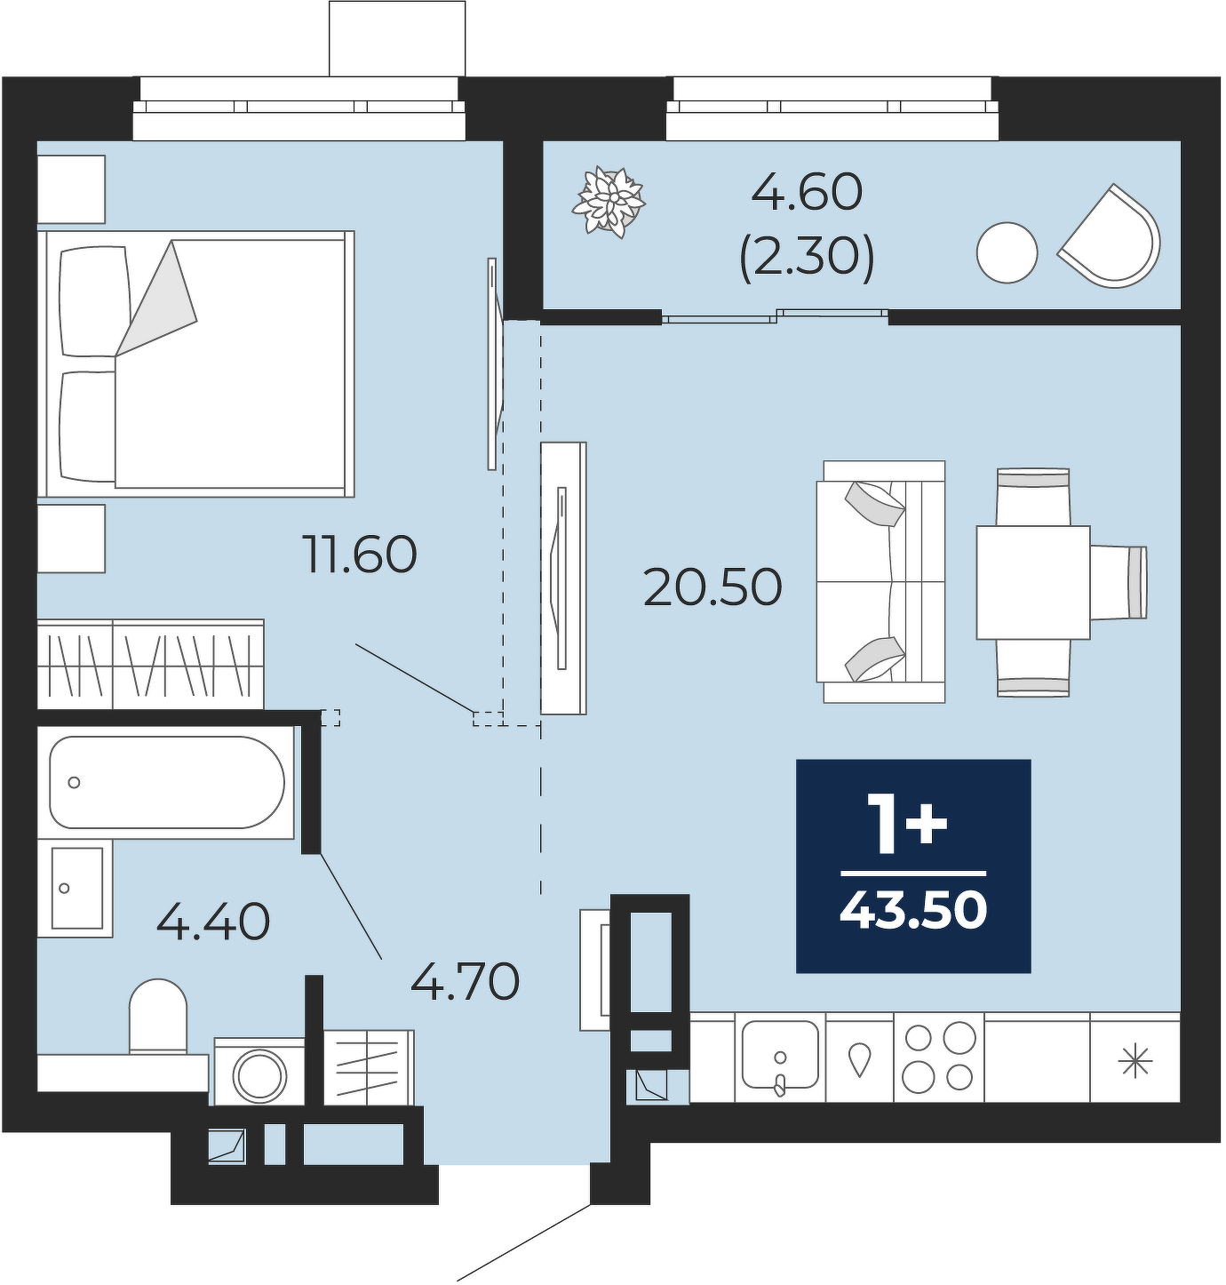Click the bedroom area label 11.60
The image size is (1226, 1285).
click(360, 554)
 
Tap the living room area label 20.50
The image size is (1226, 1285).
click(713, 587)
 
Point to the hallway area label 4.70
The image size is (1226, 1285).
click(465, 981)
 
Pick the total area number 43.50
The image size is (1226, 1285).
click(913, 911)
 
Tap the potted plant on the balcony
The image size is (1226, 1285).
click(609, 202)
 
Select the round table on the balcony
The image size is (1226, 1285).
click(1007, 252)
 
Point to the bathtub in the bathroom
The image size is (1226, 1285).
click(167, 782)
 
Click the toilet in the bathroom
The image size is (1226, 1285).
click(158, 1016)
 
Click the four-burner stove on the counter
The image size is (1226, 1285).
click(938, 1057)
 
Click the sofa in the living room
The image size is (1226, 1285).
click(880, 581)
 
